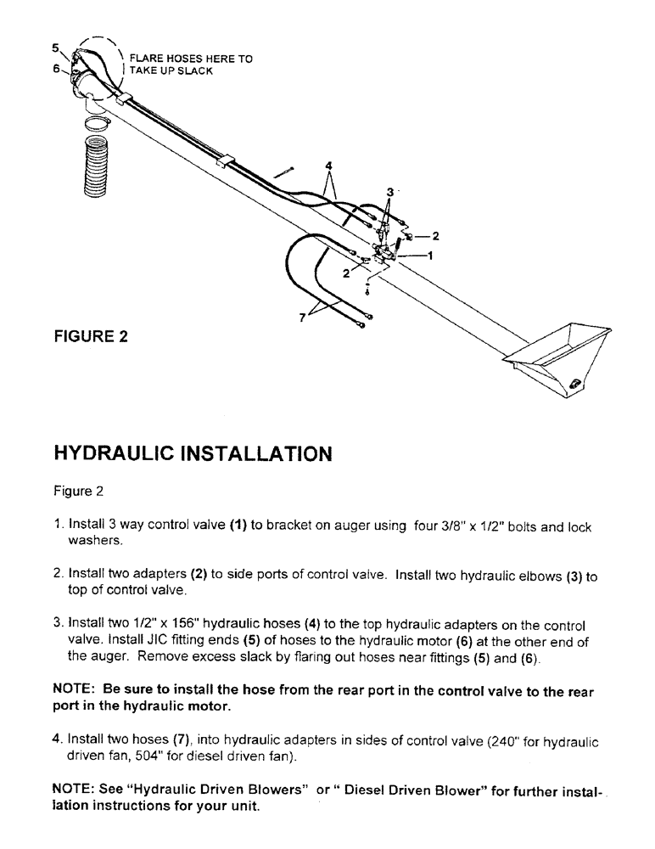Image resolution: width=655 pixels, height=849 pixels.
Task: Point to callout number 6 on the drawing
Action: point(56,70)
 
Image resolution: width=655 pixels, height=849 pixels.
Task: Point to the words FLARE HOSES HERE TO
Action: point(191,59)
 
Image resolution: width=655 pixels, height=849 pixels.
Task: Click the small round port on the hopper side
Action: point(576,383)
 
